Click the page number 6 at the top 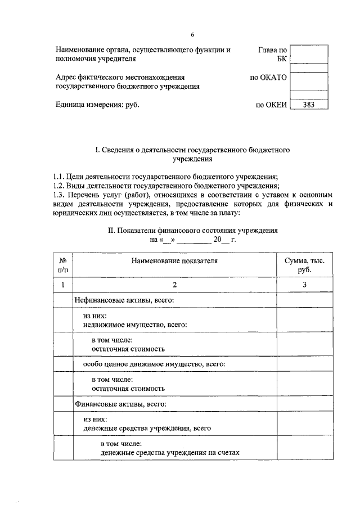(x=192, y=35)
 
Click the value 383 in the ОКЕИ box (x=308, y=104)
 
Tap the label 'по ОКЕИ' (x=271, y=104)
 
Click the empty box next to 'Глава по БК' (x=309, y=54)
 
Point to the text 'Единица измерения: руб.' (x=97, y=104)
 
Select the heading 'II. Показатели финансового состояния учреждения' (x=192, y=231)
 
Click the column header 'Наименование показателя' (x=174, y=260)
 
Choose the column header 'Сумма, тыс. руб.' (x=304, y=265)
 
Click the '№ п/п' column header (x=63, y=265)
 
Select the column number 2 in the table (x=174, y=285)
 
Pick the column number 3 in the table (x=304, y=285)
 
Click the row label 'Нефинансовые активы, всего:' (x=124, y=301)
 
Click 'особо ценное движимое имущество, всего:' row (x=154, y=364)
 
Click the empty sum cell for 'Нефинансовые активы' (x=304, y=301)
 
